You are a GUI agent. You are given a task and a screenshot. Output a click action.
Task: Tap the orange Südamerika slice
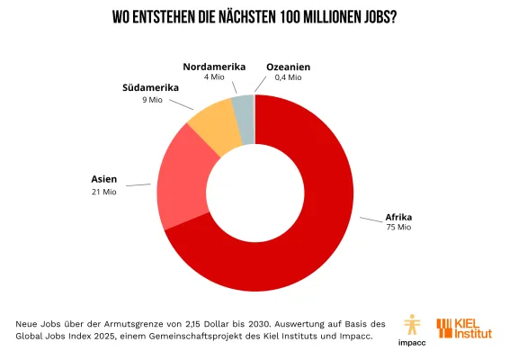pyautogui.click(x=214, y=130)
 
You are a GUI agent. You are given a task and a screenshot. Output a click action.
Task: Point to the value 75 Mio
pyautogui.click(x=398, y=228)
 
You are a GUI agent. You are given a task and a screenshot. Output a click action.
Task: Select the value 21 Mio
pyautogui.click(x=103, y=191)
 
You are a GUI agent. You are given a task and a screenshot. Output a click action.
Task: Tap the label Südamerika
pyautogui.click(x=150, y=87)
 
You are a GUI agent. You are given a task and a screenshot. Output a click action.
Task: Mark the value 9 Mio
pyautogui.click(x=150, y=99)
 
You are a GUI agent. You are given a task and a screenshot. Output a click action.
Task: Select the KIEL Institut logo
pyautogui.click(x=464, y=329)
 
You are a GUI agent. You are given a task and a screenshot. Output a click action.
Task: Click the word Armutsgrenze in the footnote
pyautogui.click(x=144, y=322)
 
